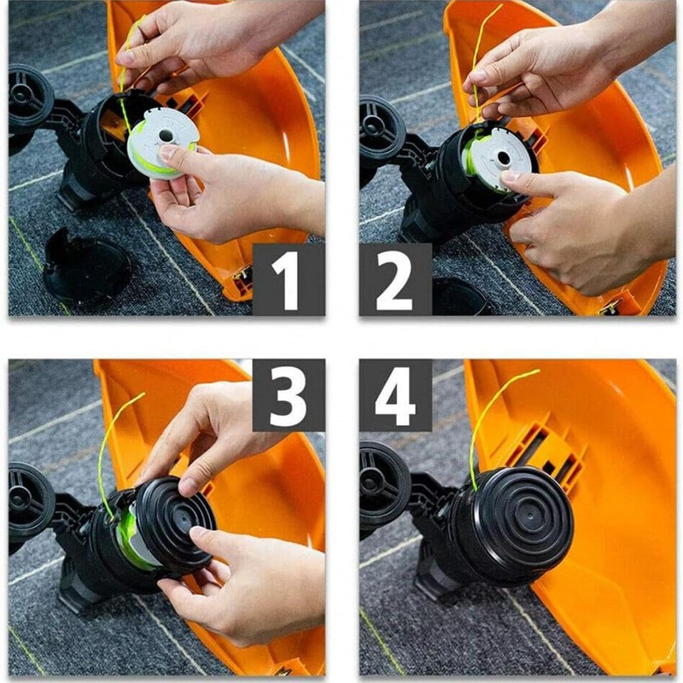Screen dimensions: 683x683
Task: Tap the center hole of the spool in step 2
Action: (x=503, y=159)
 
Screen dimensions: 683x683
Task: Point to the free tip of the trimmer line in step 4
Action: (x=539, y=371)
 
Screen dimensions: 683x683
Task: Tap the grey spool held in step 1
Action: (x=162, y=143)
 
